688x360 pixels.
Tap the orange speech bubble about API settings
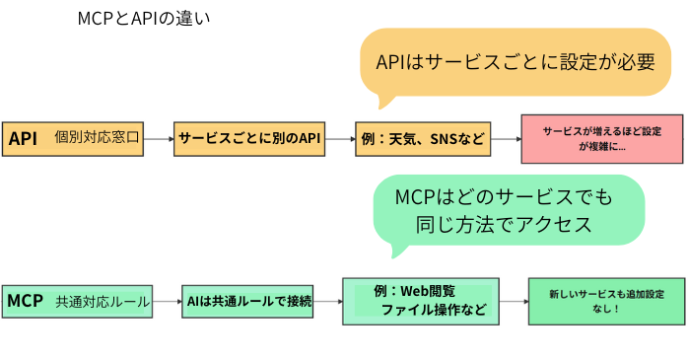tap(516, 62)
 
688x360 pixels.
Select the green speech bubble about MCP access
tap(508, 210)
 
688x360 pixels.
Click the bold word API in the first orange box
tap(23, 139)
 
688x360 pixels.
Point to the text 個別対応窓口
tap(99, 139)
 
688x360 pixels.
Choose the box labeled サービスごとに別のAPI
tap(249, 139)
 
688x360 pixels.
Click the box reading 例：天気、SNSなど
tap(423, 139)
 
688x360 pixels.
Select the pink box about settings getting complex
tap(601, 139)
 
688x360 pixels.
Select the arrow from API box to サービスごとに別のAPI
tap(159, 139)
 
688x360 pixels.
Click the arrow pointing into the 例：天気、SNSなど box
tap(340, 139)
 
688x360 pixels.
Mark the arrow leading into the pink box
tap(506, 139)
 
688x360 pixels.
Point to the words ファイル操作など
tap(433, 311)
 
